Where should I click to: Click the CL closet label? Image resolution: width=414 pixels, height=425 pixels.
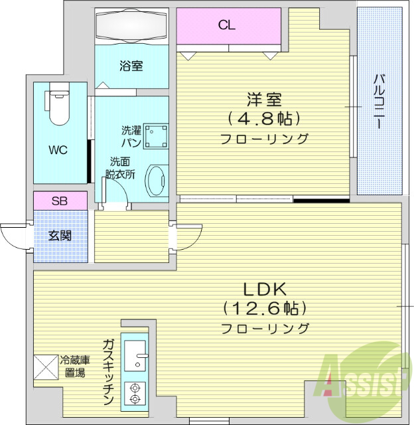pyautogui.click(x=227, y=26)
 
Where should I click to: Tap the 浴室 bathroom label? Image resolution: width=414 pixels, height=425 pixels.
pyautogui.click(x=131, y=66)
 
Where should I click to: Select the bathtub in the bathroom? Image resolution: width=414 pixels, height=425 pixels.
pyautogui.click(x=131, y=27)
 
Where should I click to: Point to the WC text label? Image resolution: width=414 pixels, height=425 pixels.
pyautogui.click(x=58, y=149)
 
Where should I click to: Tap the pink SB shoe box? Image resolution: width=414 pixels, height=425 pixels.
pyautogui.click(x=60, y=200)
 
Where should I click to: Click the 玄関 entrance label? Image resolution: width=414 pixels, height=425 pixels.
pyautogui.click(x=60, y=235)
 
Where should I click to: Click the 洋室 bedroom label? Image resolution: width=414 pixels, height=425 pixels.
pyautogui.click(x=265, y=100)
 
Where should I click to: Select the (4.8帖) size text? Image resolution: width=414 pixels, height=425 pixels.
pyautogui.click(x=264, y=119)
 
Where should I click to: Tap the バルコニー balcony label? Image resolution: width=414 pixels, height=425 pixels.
pyautogui.click(x=379, y=102)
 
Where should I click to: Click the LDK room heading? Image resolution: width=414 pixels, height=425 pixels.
pyautogui.click(x=264, y=290)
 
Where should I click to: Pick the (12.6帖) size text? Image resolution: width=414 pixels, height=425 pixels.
pyautogui.click(x=264, y=309)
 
